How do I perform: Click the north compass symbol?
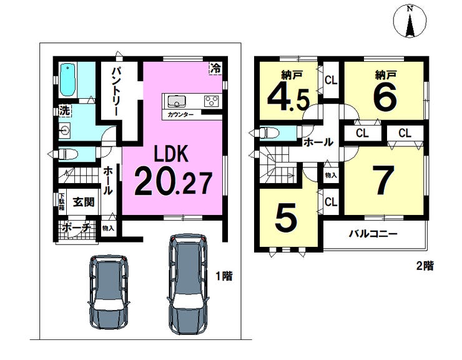coord(410,21)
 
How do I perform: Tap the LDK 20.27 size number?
coord(174,184)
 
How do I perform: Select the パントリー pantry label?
coord(115,92)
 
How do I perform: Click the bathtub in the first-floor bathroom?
coord(67,80)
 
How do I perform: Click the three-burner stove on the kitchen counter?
coord(212,101)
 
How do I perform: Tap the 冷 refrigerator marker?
coord(215,69)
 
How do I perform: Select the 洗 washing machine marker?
coord(64,111)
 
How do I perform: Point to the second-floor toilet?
coord(269,132)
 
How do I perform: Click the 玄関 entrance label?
coord(84,202)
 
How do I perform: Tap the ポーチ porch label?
coord(76,227)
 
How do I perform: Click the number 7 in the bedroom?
coord(383,180)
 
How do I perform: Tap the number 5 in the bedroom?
coord(286,217)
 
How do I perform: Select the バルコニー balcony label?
coord(373,234)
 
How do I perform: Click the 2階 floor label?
coord(425,266)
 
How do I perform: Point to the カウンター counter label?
coord(180,114)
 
